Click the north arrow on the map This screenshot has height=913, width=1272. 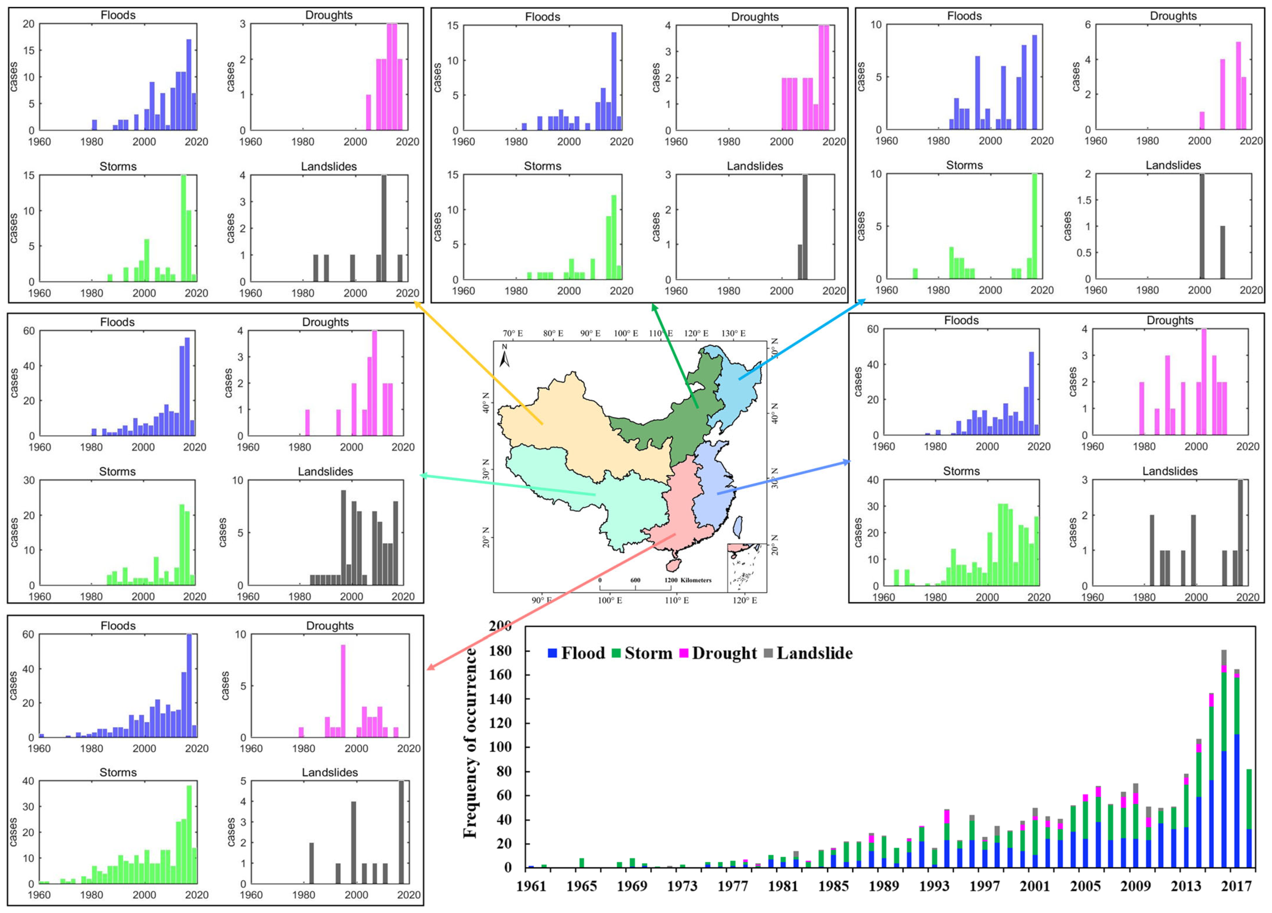click(x=505, y=356)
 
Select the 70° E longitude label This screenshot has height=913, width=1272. click(x=513, y=333)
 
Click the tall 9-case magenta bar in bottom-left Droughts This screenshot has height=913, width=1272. click(x=343, y=691)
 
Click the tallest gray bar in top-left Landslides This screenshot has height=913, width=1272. click(x=384, y=228)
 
